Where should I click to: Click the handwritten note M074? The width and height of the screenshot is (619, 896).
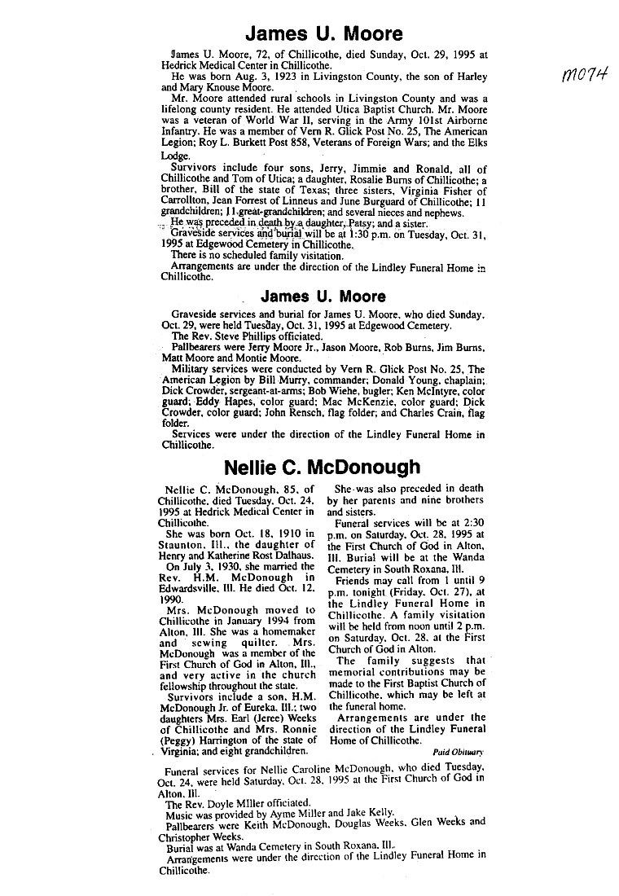click(x=580, y=76)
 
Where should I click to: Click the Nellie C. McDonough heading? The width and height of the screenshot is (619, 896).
click(x=323, y=468)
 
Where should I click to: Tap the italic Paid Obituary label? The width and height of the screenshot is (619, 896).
click(x=458, y=752)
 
